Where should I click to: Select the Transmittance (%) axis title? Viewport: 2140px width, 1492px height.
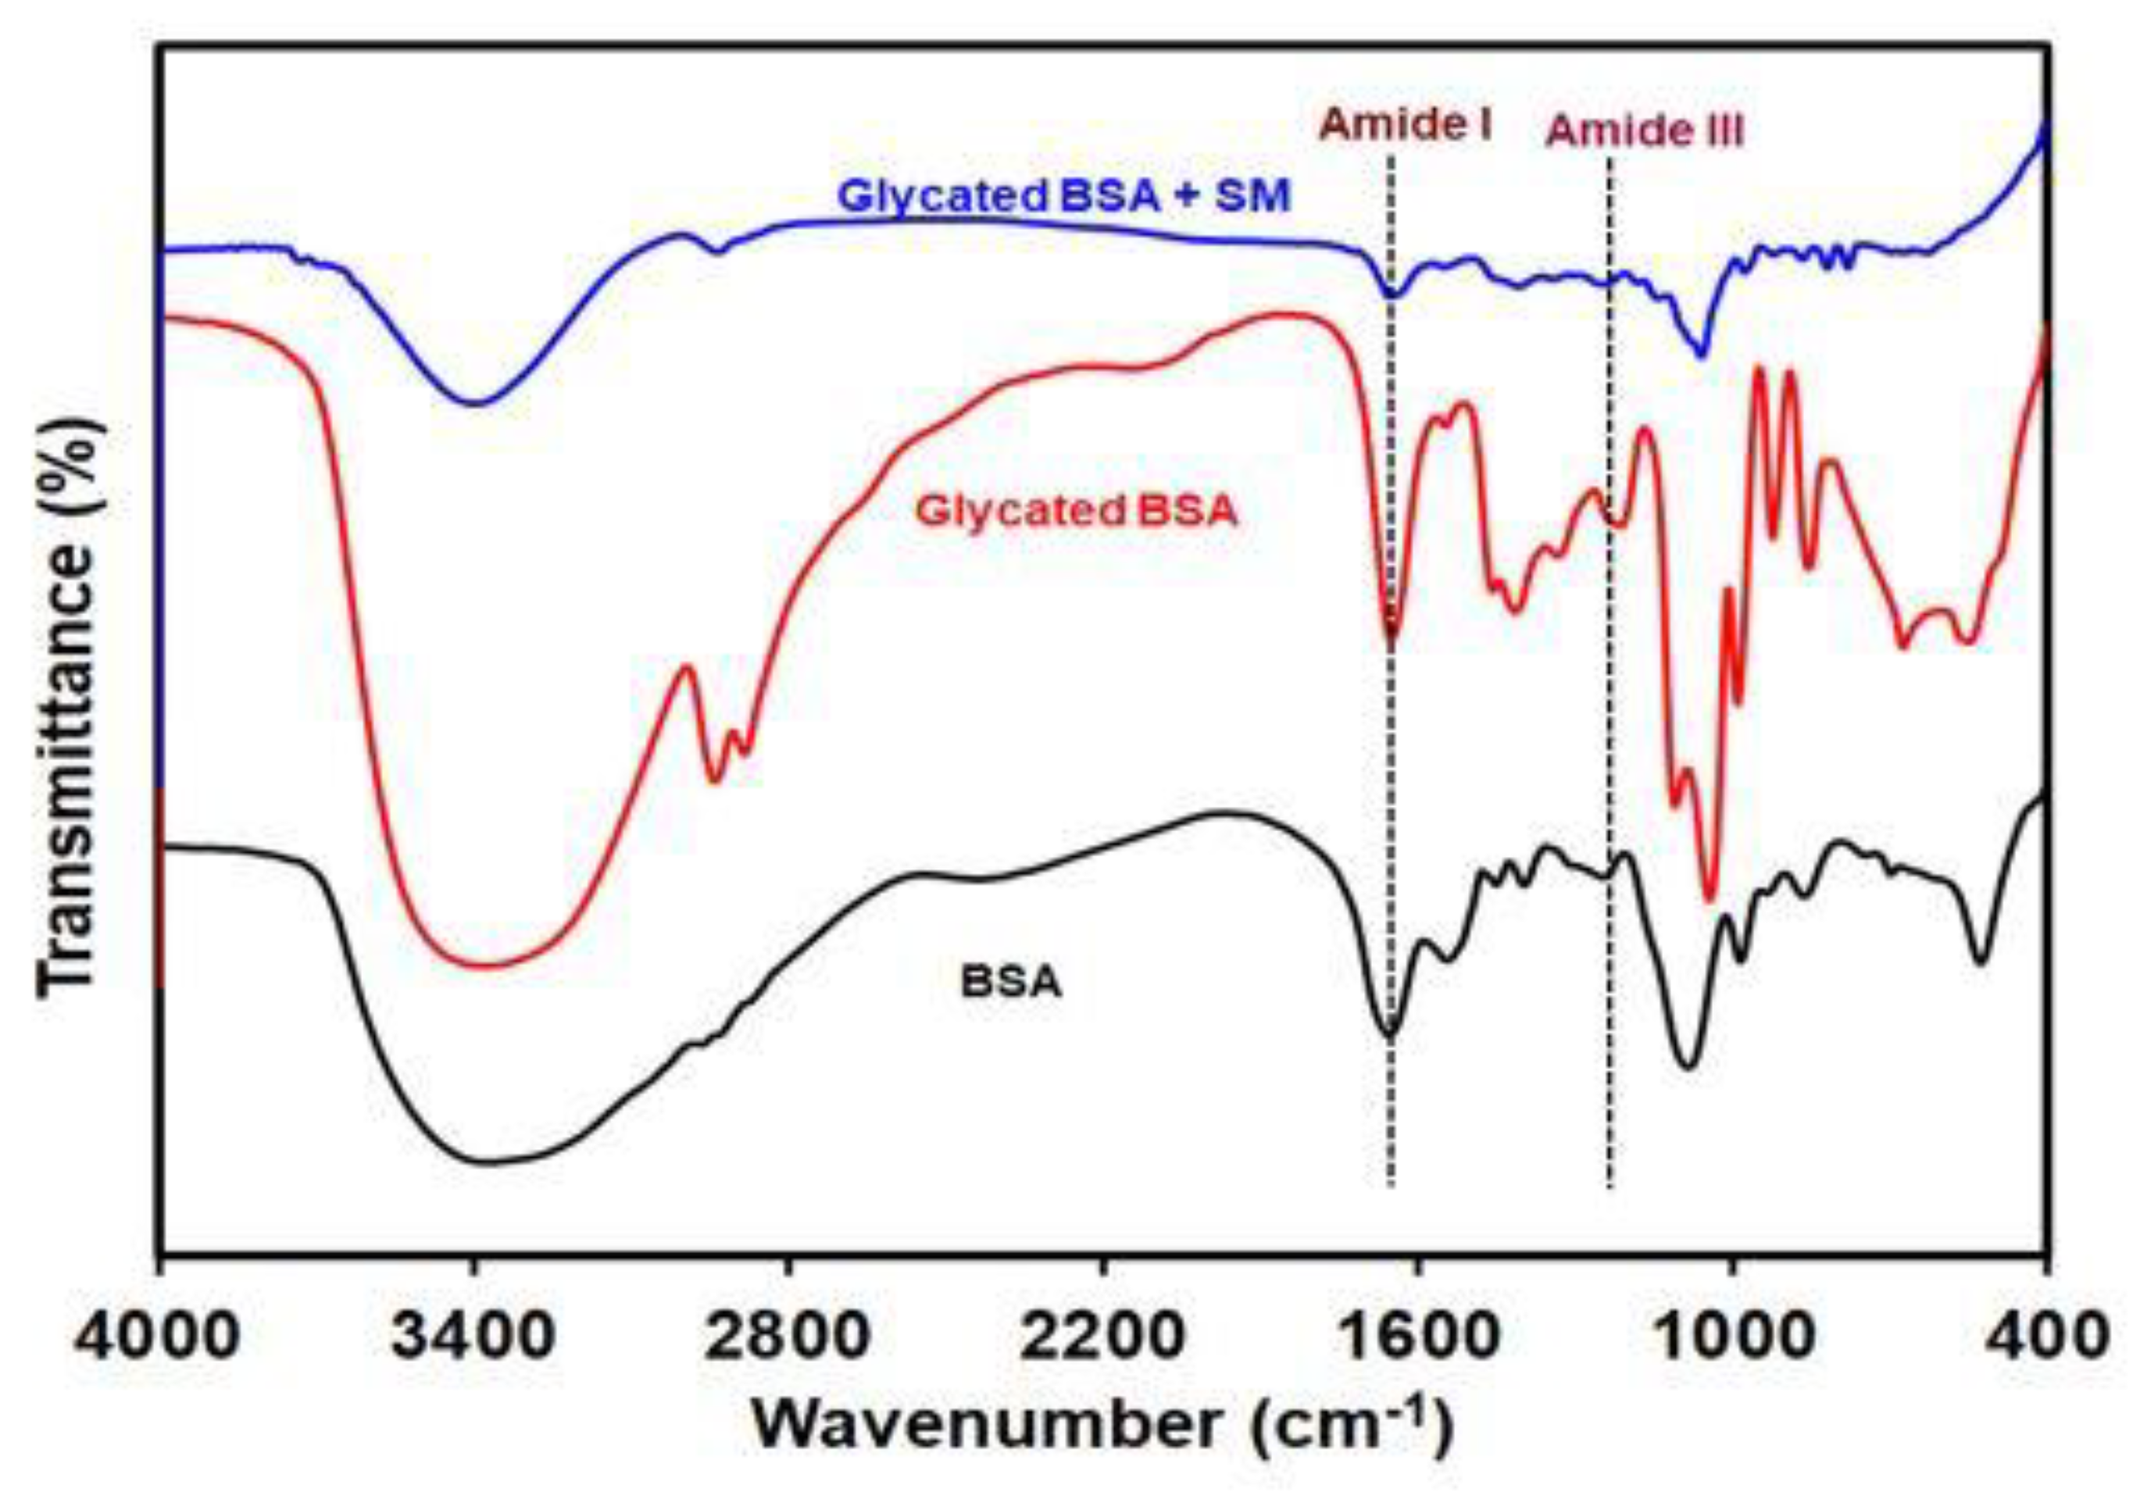point(69,709)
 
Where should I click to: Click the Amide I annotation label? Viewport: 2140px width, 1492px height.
point(1406,125)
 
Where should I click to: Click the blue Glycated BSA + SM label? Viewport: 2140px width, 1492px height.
point(1064,197)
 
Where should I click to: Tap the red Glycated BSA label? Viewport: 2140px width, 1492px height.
point(1077,511)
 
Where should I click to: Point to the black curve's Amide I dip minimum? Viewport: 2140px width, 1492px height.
point(1388,1034)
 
